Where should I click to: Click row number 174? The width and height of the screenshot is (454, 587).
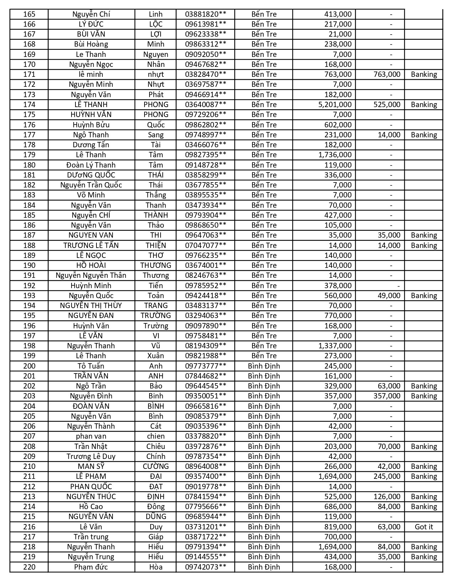click(29, 105)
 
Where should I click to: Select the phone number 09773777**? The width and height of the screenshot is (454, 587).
click(205, 366)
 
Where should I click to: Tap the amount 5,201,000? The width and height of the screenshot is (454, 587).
click(334, 105)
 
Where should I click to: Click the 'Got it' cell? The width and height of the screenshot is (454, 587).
click(424, 527)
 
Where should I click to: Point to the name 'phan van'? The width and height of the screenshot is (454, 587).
click(91, 436)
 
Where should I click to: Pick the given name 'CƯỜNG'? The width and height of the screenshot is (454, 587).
click(156, 466)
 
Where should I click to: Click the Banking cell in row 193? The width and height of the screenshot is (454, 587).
click(424, 296)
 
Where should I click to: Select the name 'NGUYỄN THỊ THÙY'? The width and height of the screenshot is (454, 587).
click(91, 306)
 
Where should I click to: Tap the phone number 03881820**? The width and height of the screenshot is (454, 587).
click(205, 14)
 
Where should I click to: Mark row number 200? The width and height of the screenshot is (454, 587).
click(29, 366)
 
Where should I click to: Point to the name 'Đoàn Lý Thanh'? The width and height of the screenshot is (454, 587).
click(91, 165)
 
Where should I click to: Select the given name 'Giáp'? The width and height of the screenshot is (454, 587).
click(156, 537)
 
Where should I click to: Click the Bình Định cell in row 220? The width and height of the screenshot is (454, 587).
click(264, 567)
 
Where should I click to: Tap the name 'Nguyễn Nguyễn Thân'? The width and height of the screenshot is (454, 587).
click(91, 275)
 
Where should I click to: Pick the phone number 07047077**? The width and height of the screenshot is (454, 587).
click(205, 245)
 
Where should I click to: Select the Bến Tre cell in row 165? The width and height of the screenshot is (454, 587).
click(264, 14)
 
